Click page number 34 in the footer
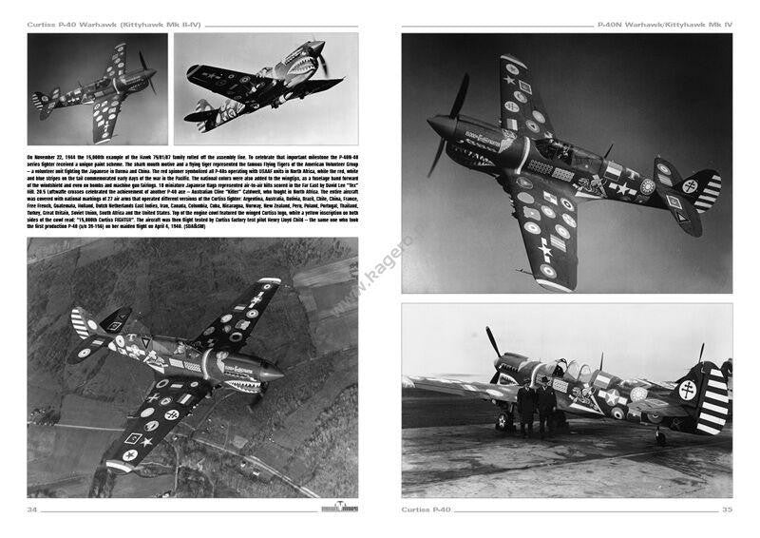pyautogui.click(x=32, y=510)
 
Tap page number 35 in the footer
pyautogui.click(x=726, y=510)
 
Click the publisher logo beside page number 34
pyautogui.click(x=338, y=509)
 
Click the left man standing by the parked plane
pyautogui.click(x=526, y=404)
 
